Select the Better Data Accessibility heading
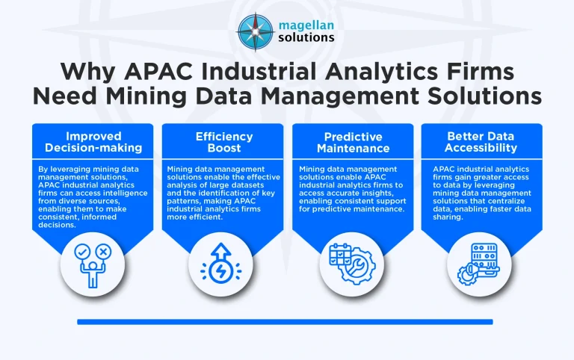click(x=481, y=142)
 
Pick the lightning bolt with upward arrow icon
click(x=222, y=264)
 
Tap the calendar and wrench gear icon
click(x=351, y=264)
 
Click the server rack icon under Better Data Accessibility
click(x=481, y=264)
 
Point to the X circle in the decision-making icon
click(x=104, y=252)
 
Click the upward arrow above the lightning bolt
click(x=222, y=250)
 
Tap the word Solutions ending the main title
click(x=470, y=96)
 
